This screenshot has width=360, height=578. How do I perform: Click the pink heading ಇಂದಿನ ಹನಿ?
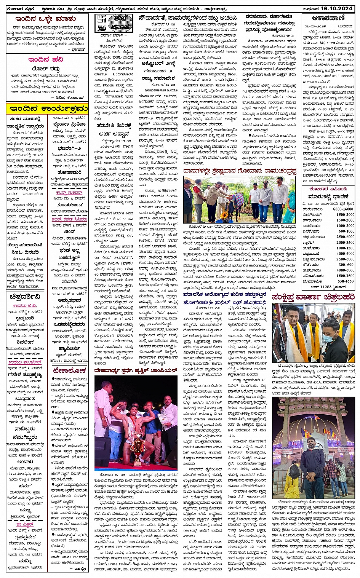point(46,59)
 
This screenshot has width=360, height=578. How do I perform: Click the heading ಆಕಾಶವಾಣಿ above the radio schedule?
point(328,18)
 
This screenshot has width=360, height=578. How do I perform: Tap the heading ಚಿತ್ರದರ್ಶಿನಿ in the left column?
point(25,296)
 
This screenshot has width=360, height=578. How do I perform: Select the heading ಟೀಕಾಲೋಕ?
point(70,370)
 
